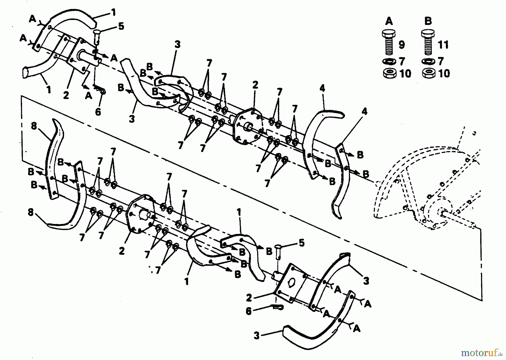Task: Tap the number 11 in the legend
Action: pyautogui.click(x=443, y=45)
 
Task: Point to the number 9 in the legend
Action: pyautogui.click(x=402, y=45)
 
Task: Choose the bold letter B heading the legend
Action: pyautogui.click(x=428, y=21)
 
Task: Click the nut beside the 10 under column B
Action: pyautogui.click(x=428, y=73)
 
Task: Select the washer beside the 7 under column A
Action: pyautogui.click(x=389, y=61)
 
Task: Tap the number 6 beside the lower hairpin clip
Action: pyautogui.click(x=249, y=312)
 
